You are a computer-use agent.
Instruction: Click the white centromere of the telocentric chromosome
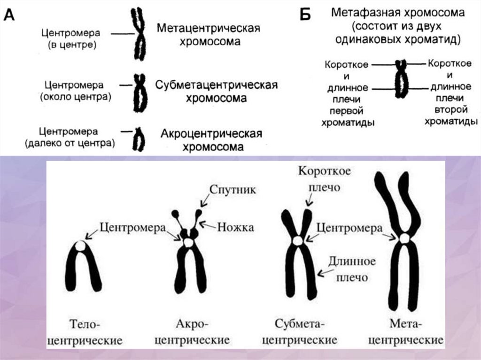tap(81, 245)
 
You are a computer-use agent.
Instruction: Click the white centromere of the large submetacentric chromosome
tap(298, 240)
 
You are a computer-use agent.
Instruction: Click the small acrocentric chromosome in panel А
tap(139, 139)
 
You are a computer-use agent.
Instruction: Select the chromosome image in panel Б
tap(401, 79)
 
